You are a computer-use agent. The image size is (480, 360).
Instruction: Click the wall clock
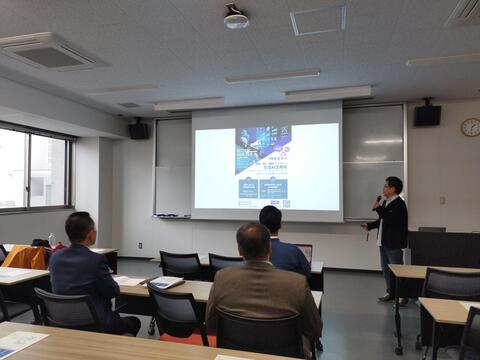click(x=470, y=127)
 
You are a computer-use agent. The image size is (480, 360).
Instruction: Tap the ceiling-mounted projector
click(x=236, y=18)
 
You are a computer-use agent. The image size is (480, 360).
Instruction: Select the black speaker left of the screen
click(x=139, y=130)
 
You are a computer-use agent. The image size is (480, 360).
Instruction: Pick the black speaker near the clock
click(x=427, y=115)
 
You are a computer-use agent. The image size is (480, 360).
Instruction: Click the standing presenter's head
click(x=393, y=186)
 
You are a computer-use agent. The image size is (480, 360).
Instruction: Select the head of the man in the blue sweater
click(x=270, y=219)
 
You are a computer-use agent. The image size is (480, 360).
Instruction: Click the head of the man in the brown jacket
click(x=254, y=241)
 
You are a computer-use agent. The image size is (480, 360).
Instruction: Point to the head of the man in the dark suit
click(x=80, y=228)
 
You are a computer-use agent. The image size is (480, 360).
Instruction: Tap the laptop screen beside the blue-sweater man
click(x=304, y=251)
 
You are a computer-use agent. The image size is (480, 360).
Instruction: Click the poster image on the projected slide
click(x=263, y=150)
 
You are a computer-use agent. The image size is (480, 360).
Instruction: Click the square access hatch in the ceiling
click(x=318, y=20)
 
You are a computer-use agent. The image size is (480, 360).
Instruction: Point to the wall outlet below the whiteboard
click(x=141, y=245)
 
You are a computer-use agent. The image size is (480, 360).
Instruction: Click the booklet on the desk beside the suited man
click(x=165, y=283)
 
